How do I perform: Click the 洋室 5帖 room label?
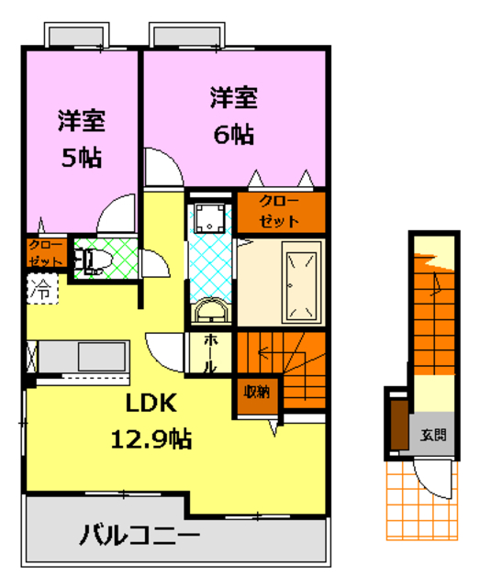[81, 138]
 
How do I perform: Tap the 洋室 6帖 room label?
[233, 116]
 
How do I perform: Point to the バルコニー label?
[139, 534]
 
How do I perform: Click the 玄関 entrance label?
[434, 434]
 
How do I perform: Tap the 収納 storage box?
[256, 393]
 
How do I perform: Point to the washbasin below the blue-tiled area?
[211, 310]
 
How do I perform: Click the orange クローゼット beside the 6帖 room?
[280, 212]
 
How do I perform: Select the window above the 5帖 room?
[77, 38]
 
